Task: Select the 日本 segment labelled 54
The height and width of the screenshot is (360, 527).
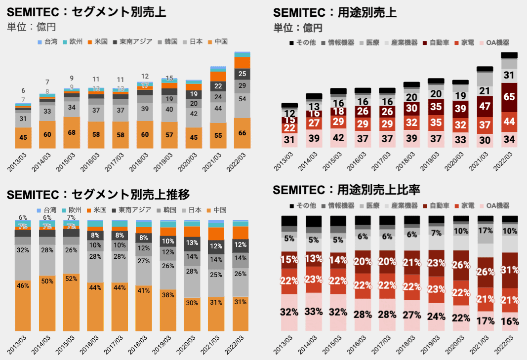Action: pyautogui.click(x=242, y=99)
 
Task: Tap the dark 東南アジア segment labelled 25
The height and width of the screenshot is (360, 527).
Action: pyautogui.click(x=242, y=74)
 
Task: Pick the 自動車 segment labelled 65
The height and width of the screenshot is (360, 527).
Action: pyautogui.click(x=509, y=97)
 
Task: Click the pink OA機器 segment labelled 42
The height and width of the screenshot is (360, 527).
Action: pyautogui.click(x=339, y=138)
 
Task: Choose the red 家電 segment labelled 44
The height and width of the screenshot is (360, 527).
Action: pyautogui.click(x=509, y=121)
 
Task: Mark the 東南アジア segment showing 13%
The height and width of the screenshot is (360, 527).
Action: pyautogui.click(x=194, y=242)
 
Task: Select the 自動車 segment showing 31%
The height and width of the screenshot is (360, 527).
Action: pyautogui.click(x=510, y=270)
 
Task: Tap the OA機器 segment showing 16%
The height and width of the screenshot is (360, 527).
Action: pyautogui.click(x=510, y=321)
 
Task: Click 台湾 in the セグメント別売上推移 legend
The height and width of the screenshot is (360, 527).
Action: pyautogui.click(x=47, y=210)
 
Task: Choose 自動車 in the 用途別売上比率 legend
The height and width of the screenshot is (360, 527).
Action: pyautogui.click(x=437, y=205)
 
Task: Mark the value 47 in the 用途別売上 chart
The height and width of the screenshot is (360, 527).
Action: pyautogui.click(x=485, y=106)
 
